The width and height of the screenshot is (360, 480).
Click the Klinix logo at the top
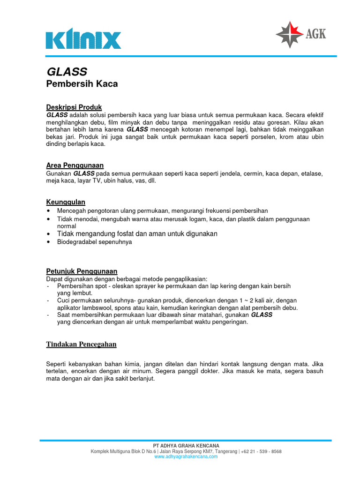83,40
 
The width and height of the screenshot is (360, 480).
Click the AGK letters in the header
316,34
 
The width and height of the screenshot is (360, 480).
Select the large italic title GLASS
67,72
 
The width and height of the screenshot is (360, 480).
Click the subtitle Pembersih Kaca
82,84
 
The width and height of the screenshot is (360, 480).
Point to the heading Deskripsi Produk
74,107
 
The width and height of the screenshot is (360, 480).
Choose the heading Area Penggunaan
75,165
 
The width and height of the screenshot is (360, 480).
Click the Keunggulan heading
66,202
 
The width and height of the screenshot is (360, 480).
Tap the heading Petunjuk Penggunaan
82,271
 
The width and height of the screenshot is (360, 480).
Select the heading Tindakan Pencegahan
81,345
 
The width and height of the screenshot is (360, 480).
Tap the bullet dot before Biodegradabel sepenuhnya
49,242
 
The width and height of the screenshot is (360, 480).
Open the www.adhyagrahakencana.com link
186,457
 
